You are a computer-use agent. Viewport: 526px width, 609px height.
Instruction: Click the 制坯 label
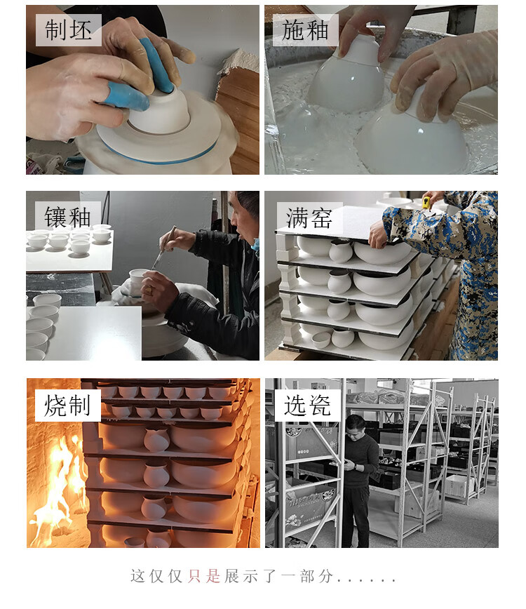68,30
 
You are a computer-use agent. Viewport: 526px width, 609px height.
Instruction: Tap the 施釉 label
305,30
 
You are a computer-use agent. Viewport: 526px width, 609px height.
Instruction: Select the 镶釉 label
67,217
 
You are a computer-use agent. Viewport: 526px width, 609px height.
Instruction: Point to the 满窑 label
309,218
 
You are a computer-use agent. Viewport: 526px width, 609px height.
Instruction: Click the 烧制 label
67,406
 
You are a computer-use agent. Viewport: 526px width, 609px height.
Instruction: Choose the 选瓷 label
307,406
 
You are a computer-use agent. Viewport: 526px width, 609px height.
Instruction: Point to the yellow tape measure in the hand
426,202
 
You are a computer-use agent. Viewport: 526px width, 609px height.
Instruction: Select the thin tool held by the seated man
163,248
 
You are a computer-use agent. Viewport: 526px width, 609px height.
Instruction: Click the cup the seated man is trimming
137,278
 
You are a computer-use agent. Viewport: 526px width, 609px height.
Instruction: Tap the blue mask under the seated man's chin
255,244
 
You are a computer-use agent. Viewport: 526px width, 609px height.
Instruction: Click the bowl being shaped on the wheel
159,112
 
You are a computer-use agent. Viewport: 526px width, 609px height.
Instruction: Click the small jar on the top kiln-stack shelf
340,251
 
